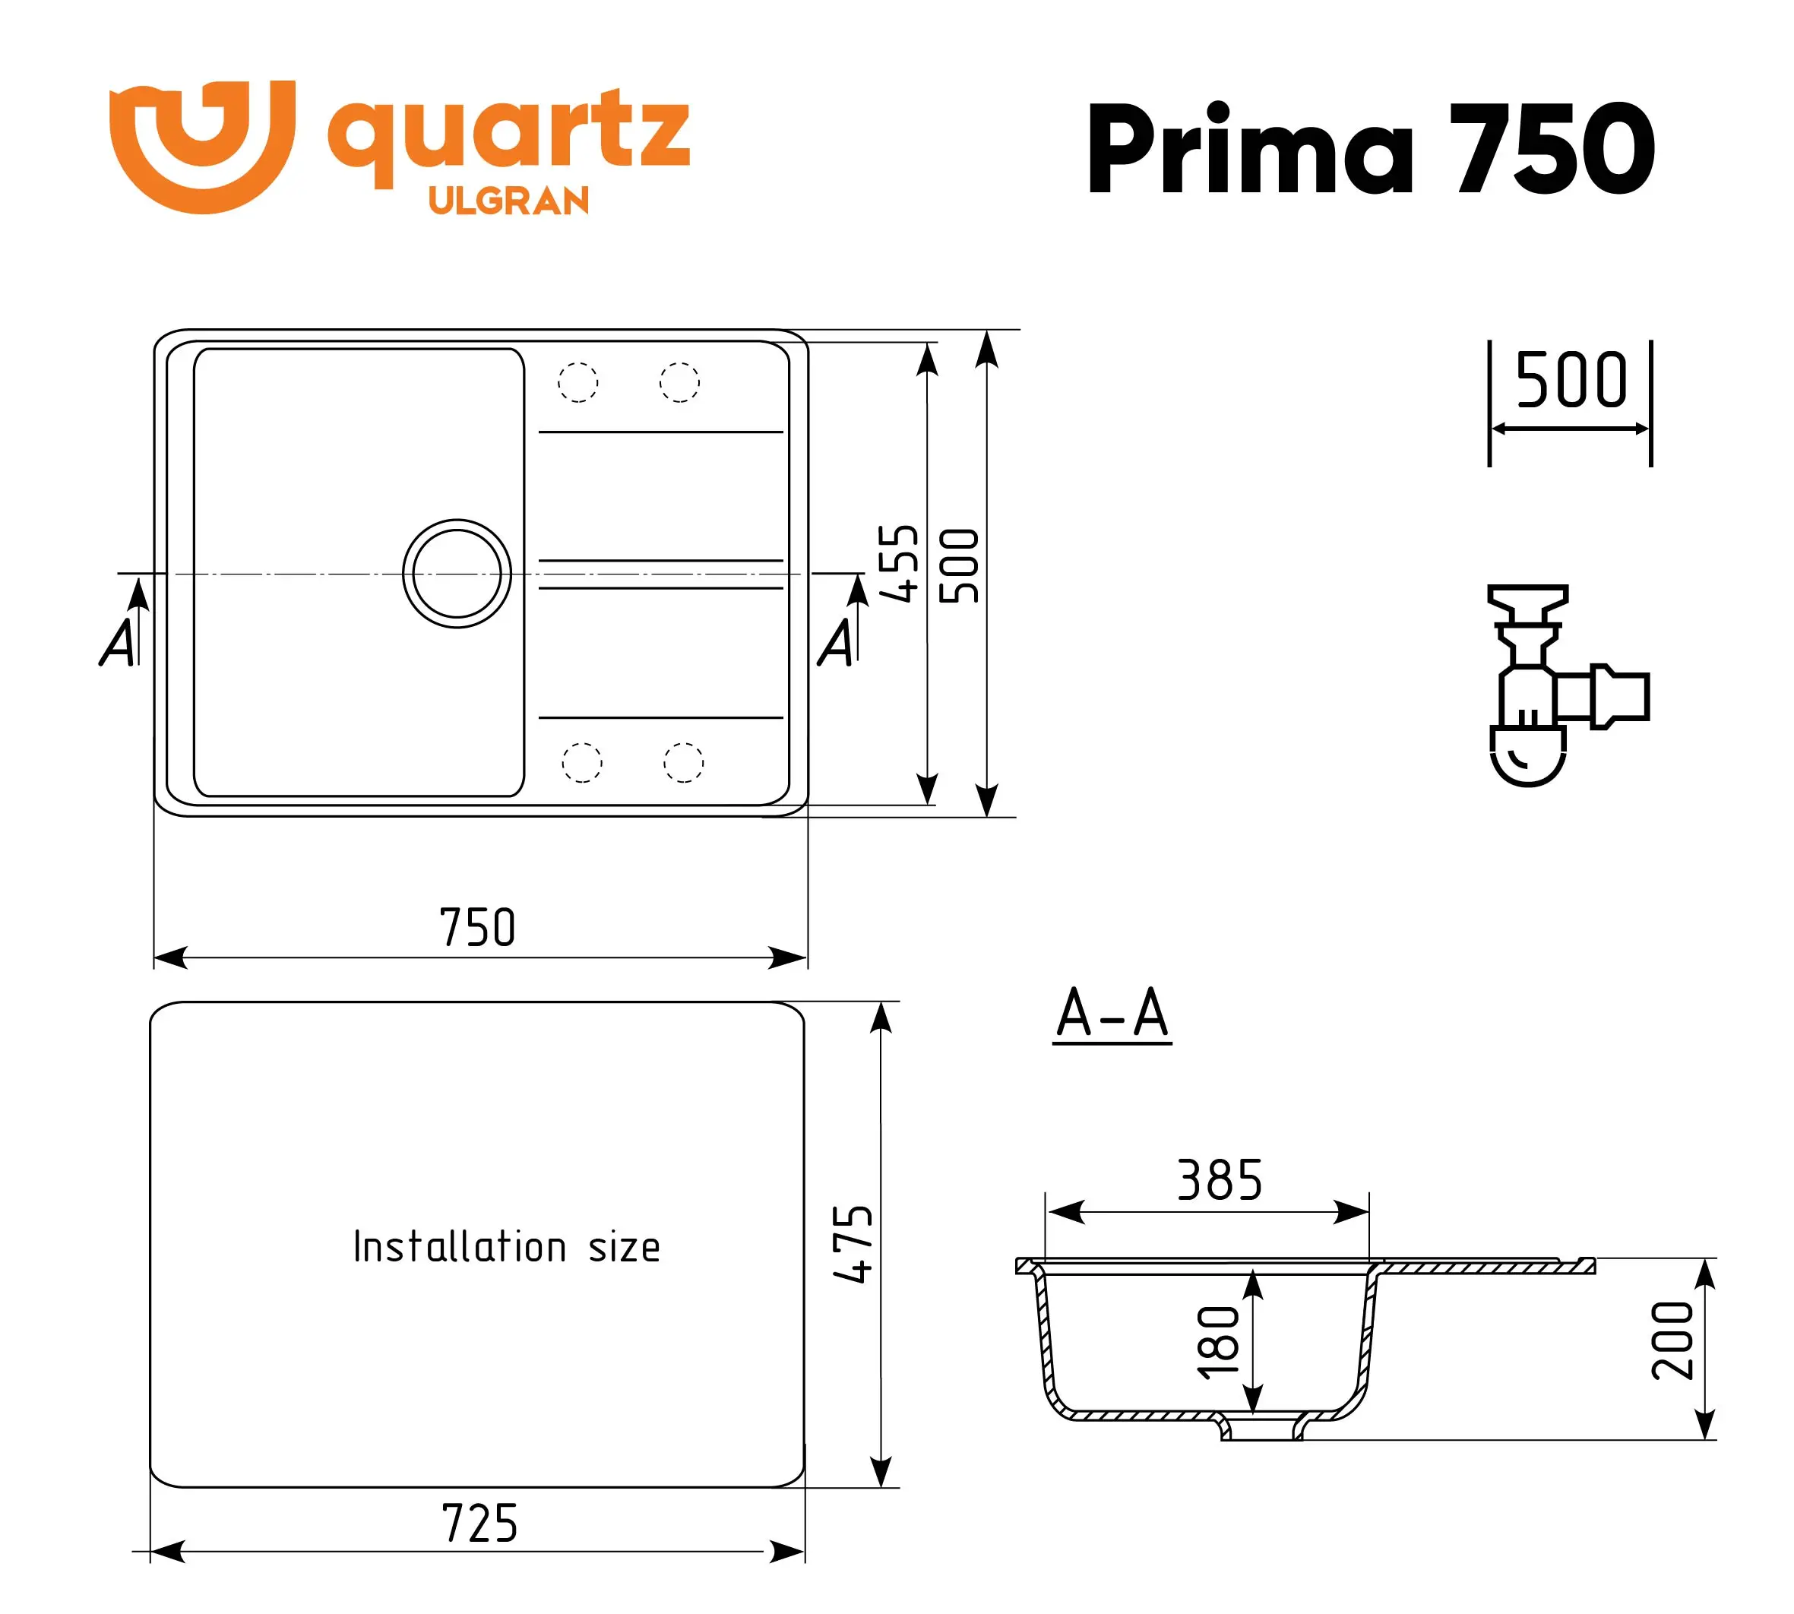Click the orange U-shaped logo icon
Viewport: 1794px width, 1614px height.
click(201, 147)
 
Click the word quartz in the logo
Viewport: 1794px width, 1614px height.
click(508, 133)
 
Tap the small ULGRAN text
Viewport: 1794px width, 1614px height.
click(508, 201)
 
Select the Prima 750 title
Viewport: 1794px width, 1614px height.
click(1370, 148)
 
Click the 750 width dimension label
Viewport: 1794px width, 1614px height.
click(477, 928)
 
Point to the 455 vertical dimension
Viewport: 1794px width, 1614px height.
click(897, 564)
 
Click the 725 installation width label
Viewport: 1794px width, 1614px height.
click(479, 1524)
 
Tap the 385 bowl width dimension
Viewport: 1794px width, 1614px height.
click(1220, 1180)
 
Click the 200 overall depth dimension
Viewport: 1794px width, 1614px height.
click(1672, 1340)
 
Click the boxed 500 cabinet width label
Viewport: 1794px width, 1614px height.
click(1571, 381)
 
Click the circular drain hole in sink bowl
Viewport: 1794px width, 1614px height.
click(457, 574)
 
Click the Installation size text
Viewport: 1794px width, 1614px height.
click(506, 1247)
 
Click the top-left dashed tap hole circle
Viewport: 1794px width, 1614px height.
click(578, 383)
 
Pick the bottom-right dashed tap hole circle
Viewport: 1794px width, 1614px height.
click(683, 763)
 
